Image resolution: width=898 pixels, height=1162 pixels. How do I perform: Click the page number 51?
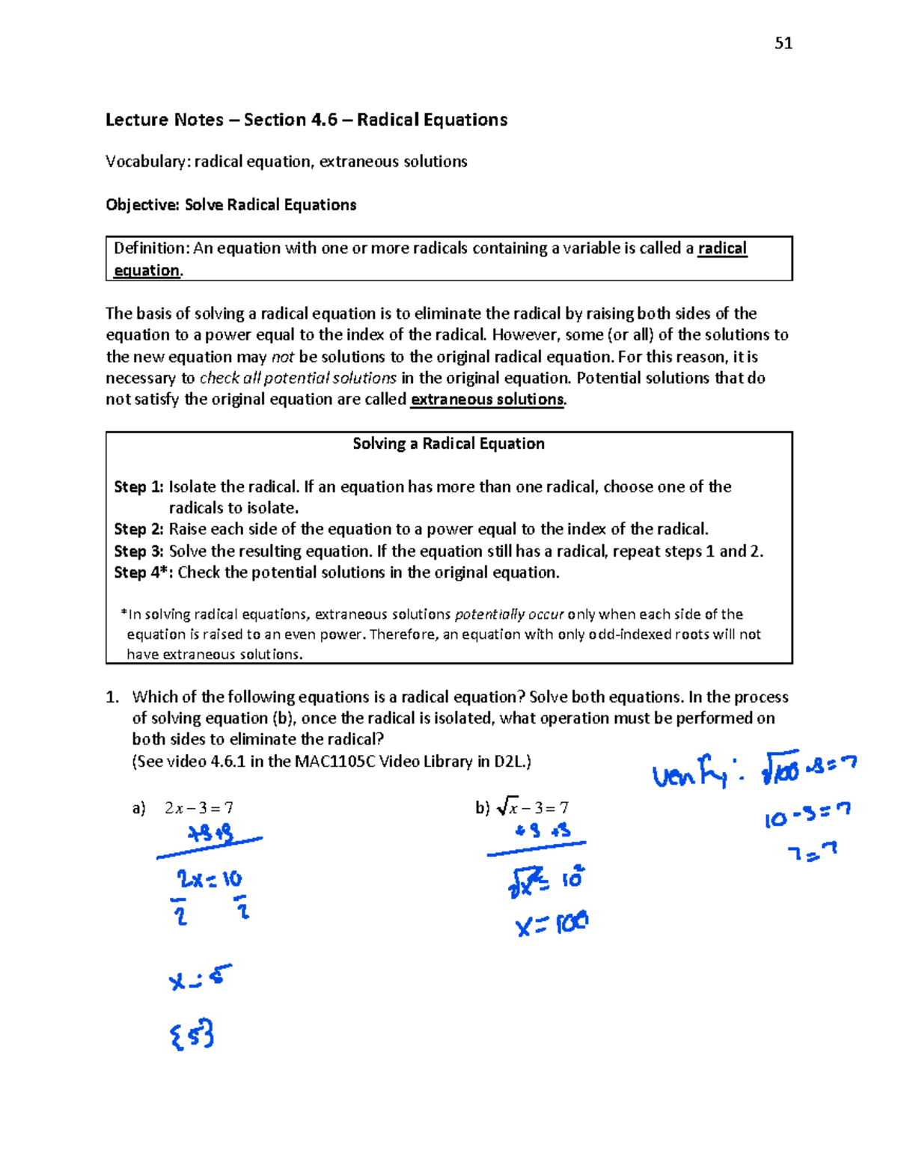[x=784, y=43]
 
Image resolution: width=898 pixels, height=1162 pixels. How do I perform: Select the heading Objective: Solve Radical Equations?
[x=230, y=205]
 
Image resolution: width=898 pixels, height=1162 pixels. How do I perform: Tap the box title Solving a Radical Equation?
[x=448, y=444]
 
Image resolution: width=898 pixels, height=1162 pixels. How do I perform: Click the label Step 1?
[x=138, y=487]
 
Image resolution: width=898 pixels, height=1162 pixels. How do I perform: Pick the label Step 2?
[x=138, y=530]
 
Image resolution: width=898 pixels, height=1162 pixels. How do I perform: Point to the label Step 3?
[x=138, y=551]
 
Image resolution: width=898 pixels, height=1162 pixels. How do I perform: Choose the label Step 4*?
[x=143, y=572]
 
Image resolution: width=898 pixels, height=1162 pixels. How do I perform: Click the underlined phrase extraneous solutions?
[x=487, y=400]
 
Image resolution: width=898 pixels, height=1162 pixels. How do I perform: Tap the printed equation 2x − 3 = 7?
[x=198, y=808]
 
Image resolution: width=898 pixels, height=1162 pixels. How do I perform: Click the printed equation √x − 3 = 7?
[x=532, y=807]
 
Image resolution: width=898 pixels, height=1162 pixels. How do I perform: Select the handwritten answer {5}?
[x=192, y=1034]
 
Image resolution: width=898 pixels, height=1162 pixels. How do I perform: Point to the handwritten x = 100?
[x=552, y=925]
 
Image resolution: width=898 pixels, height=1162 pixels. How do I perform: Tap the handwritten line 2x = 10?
[x=209, y=878]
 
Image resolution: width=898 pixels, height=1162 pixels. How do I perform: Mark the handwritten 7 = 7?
[x=811, y=852]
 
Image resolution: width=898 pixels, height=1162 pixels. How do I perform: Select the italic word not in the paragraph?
[x=282, y=357]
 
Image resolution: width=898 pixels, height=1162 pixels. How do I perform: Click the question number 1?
[x=112, y=697]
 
